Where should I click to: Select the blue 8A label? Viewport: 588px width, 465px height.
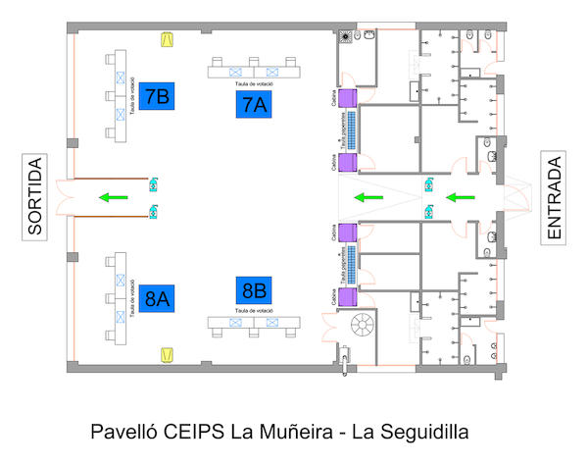(156, 299)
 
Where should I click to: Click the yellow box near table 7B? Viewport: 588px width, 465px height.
(168, 40)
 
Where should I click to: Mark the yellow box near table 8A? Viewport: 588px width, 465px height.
(168, 352)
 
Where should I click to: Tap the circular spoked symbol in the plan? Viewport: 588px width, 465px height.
(362, 326)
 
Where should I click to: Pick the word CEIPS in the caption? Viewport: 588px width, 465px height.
(192, 432)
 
